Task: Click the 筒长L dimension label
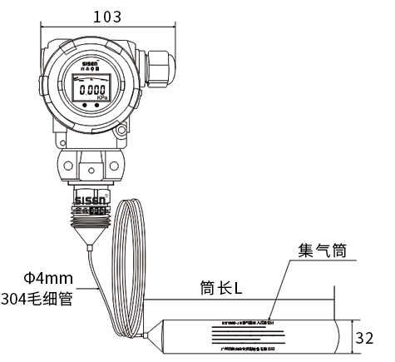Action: pos(221,289)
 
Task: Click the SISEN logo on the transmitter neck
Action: pos(90,201)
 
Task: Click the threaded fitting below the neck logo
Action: pos(89,217)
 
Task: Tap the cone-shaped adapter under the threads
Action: pos(89,241)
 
